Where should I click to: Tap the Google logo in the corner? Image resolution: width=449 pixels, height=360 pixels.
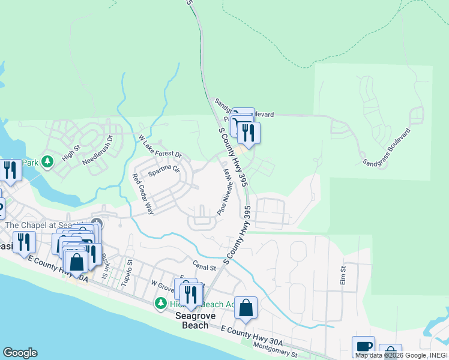[20, 353]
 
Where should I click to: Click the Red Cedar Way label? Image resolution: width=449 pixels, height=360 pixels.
[143, 194]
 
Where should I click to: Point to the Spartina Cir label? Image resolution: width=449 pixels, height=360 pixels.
[164, 168]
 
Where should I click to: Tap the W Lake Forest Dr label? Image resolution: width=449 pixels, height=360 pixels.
[160, 147]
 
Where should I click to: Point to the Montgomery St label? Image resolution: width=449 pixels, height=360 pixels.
[275, 350]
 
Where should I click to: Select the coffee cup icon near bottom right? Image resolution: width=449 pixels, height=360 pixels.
[364, 346]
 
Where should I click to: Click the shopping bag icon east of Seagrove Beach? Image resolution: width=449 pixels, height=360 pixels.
[246, 307]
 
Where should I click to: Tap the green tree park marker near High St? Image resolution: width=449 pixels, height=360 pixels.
[49, 160]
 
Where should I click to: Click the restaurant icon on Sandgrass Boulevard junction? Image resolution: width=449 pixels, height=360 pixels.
[249, 131]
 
